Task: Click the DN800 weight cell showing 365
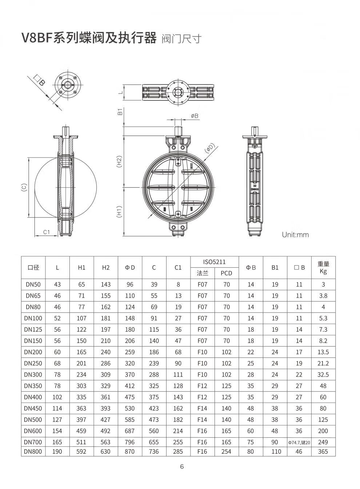point(323,451)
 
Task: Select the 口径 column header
point(33,267)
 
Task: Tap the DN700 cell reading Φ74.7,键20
point(299,442)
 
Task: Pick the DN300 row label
point(33,375)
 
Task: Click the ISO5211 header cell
point(214,262)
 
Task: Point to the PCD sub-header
point(226,273)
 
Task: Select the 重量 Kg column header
point(323,267)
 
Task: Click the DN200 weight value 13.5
point(323,352)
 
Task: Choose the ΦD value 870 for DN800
point(129,451)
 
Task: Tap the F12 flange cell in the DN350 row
point(202,386)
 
